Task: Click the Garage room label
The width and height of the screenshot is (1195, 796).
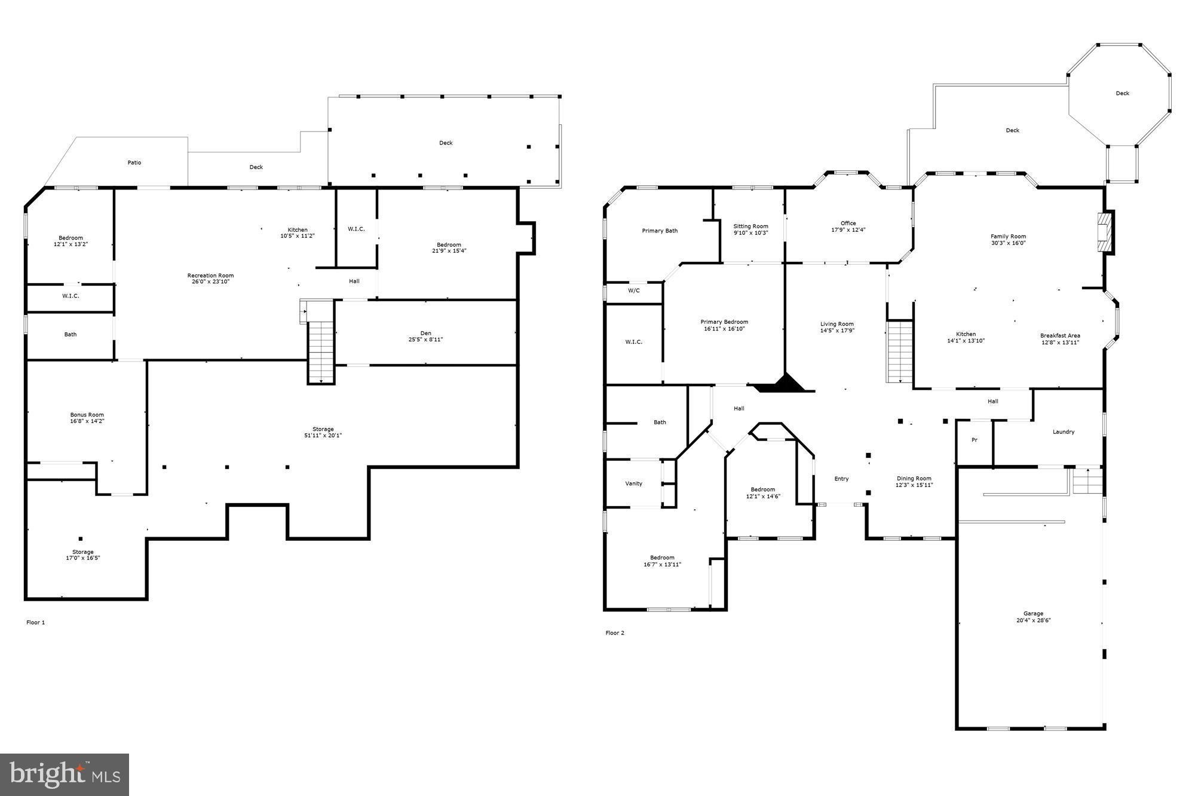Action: coord(1032,617)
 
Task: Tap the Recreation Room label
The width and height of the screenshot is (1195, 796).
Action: coord(210,278)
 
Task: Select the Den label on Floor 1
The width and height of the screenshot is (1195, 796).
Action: coord(425,336)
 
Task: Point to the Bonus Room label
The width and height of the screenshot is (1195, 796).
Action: coord(87,418)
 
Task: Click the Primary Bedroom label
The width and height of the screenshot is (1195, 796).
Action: coord(724,325)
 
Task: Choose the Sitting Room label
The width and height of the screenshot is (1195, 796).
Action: coord(750,229)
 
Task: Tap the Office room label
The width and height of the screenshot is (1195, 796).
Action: coord(848,226)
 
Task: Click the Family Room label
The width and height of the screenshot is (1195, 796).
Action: coord(1008,240)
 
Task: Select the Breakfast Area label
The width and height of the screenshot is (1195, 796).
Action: coord(1060,339)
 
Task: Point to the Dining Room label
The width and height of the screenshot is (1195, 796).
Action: coord(914,481)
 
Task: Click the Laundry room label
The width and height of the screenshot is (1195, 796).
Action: coord(1064,431)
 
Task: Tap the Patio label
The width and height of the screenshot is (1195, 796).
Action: coord(134,163)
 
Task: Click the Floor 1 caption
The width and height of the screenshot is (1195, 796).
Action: coord(35,622)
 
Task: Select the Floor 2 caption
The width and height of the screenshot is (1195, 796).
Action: coord(615,633)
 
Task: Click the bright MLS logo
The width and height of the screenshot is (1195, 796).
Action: coord(65,775)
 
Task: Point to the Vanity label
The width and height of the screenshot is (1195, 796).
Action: coord(634,483)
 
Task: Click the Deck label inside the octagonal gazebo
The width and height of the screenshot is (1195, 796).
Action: coord(1122,93)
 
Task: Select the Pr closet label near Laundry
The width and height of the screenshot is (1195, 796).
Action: coord(975,440)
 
